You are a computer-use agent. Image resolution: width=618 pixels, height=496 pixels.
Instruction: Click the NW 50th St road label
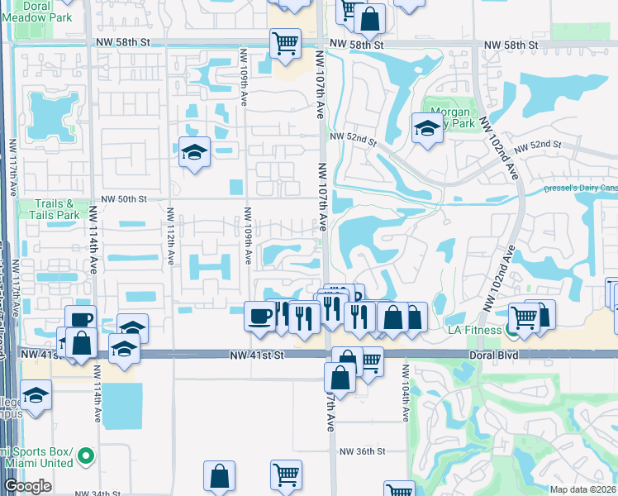pos(123,199)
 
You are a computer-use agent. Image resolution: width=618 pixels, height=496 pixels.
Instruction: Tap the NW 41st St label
pos(256,354)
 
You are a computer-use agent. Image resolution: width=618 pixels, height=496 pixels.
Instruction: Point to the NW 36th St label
pos(363,451)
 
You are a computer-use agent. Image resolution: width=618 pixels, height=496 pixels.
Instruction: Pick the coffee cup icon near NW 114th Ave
pos(80,320)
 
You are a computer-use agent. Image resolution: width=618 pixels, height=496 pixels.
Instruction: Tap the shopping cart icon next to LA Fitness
pos(524,316)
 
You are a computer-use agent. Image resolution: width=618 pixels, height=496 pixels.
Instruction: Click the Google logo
pos(27,487)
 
